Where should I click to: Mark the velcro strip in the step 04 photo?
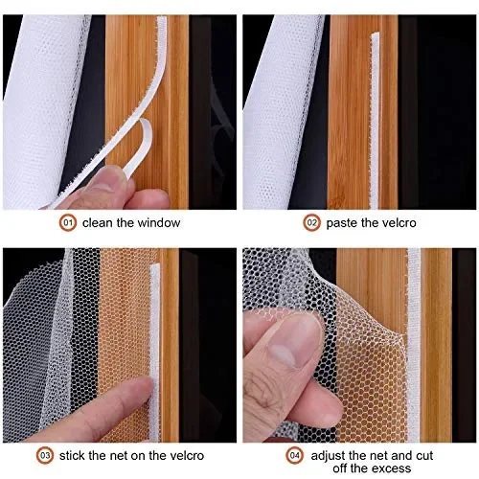pos(414,326)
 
